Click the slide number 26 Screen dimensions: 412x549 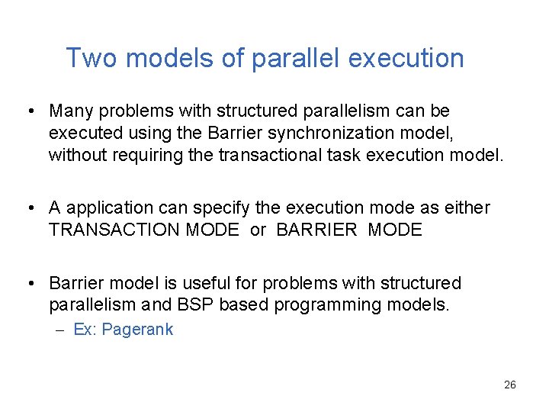click(510, 385)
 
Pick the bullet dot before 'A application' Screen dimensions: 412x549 click(28, 208)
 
